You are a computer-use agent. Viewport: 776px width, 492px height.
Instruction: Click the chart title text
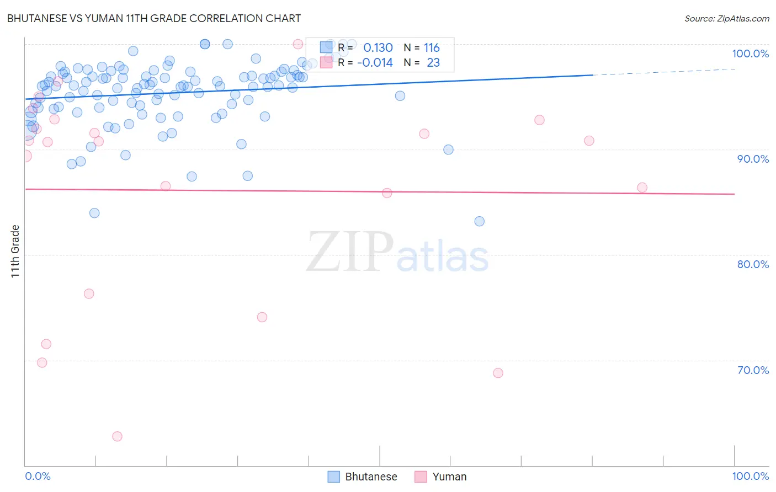pyautogui.click(x=153, y=18)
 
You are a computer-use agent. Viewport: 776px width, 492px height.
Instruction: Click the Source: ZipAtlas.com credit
pyautogui.click(x=726, y=18)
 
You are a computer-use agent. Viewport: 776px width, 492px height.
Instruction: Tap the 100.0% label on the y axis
pyautogui.click(x=750, y=54)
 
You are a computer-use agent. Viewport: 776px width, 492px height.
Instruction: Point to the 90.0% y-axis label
pyautogui.click(x=753, y=159)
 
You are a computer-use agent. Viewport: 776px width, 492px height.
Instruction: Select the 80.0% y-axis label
pyautogui.click(x=753, y=264)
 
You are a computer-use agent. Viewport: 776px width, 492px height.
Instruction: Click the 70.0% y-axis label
pyautogui.click(x=753, y=370)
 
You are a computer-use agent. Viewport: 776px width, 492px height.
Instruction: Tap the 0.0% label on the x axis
pyautogui.click(x=38, y=476)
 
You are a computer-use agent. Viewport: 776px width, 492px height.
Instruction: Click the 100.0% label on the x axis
pyautogui.click(x=750, y=476)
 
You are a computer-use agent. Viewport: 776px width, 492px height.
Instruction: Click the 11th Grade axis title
pyautogui.click(x=15, y=251)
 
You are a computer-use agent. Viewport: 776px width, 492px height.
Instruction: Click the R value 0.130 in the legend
pyautogui.click(x=378, y=48)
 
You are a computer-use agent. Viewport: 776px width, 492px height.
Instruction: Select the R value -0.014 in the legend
pyautogui.click(x=375, y=63)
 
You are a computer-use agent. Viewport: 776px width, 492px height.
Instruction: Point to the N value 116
pyautogui.click(x=432, y=48)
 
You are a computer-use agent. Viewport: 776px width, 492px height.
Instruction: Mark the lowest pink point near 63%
pyautogui.click(x=117, y=436)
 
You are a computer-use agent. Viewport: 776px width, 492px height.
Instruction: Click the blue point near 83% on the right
pyautogui.click(x=480, y=221)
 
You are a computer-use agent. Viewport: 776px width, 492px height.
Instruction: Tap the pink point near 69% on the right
pyautogui.click(x=498, y=373)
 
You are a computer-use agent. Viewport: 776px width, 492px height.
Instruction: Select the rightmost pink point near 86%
pyautogui.click(x=642, y=188)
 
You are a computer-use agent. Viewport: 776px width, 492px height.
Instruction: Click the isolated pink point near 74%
pyautogui.click(x=262, y=317)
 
